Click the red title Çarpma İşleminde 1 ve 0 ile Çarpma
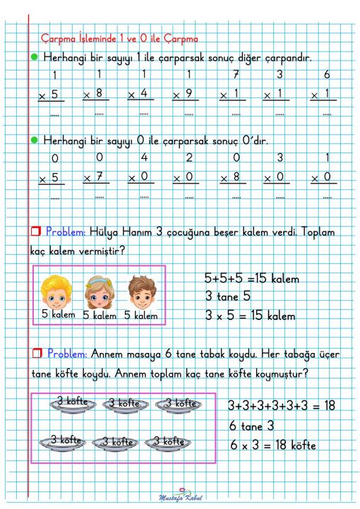119,38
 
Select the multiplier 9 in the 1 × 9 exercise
189,92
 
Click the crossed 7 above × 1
236,75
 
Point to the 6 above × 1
326,75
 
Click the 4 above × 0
145,157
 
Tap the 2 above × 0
189,157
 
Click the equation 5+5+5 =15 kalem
251,278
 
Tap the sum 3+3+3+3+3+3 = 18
280,406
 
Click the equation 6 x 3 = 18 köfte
272,445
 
